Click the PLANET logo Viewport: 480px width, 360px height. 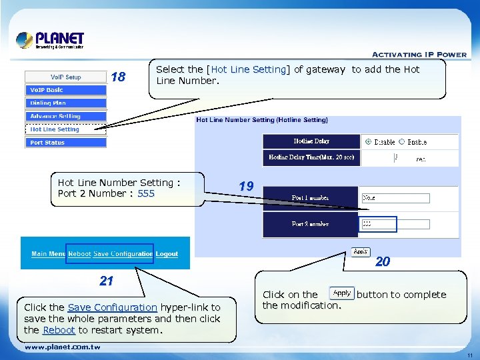[x=50, y=40]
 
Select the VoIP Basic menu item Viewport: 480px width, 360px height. [x=65, y=90]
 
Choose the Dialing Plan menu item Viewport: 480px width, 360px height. [x=65, y=103]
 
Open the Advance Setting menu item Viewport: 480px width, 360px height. [x=65, y=116]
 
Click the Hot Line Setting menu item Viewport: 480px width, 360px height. [x=65, y=129]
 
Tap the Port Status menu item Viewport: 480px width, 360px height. [x=65, y=143]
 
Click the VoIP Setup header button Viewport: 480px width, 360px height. [x=65, y=77]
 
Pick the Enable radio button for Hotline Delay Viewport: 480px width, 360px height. [x=401, y=142]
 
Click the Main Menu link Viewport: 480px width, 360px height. [x=48, y=254]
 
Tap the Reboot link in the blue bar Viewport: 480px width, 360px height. [x=79, y=254]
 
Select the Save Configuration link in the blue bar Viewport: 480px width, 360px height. [x=123, y=254]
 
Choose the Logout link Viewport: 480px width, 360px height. [x=167, y=254]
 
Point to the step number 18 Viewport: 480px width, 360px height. [x=118, y=77]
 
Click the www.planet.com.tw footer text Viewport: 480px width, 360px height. [x=63, y=347]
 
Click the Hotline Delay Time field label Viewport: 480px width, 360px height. [x=311, y=158]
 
